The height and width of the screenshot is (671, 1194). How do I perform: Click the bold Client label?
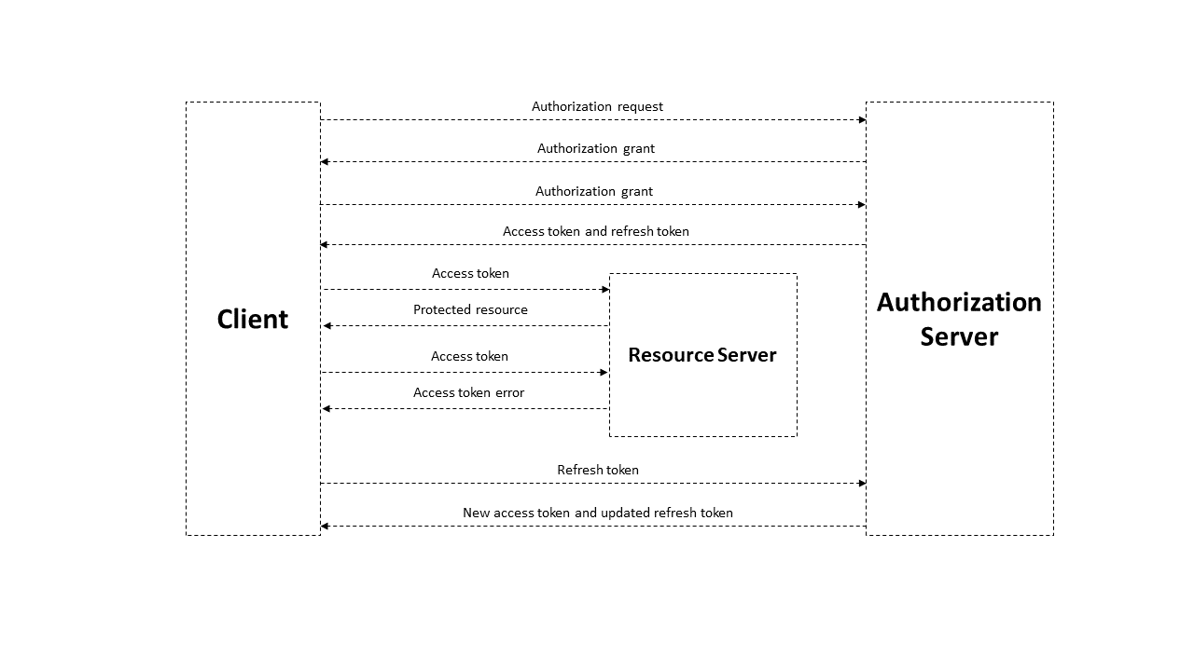click(x=252, y=319)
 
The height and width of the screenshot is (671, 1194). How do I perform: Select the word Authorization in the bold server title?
click(x=959, y=302)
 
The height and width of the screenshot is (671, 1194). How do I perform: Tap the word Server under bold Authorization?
click(x=959, y=336)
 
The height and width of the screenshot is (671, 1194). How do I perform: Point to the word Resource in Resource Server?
click(x=671, y=355)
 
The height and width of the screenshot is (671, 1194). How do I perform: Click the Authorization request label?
click(x=597, y=106)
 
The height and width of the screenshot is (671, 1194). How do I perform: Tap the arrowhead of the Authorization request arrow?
click(x=862, y=120)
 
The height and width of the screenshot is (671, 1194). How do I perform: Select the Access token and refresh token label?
click(x=596, y=231)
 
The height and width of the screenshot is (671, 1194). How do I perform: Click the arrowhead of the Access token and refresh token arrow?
click(x=324, y=244)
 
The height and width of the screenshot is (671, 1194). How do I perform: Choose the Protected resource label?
click(x=470, y=309)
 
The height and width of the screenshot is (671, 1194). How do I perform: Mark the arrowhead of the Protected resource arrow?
click(x=327, y=325)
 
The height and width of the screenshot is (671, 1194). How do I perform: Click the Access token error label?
click(x=468, y=392)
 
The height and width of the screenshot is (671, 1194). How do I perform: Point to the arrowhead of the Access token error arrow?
click(x=326, y=408)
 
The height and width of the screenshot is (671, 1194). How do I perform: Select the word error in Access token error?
click(x=509, y=393)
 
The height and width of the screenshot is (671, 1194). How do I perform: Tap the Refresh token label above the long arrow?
click(x=598, y=470)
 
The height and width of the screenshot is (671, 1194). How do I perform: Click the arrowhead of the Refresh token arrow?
click(x=862, y=483)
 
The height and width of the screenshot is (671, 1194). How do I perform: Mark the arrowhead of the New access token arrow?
click(x=324, y=527)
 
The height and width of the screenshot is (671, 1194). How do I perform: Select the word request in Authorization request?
click(x=640, y=107)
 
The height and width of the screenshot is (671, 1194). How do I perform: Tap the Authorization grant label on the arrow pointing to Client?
click(x=595, y=148)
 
